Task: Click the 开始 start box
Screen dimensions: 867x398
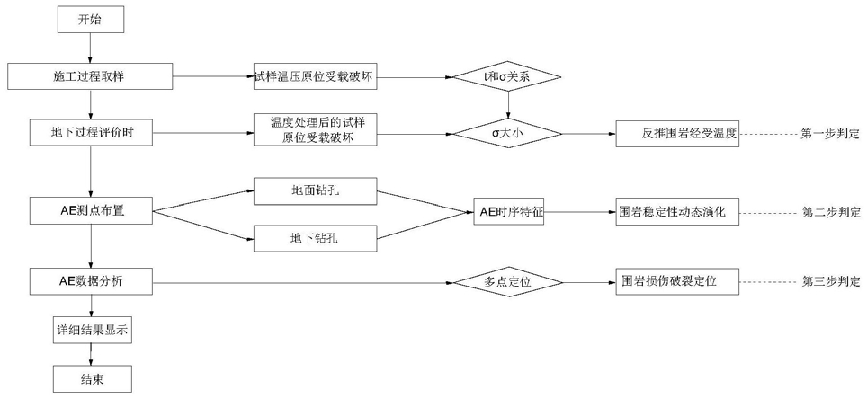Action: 90,20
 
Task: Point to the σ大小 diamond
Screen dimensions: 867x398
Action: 507,134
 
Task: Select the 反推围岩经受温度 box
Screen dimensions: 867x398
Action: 677,134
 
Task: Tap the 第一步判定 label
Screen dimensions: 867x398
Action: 830,134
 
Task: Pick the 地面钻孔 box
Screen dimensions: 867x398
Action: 314,190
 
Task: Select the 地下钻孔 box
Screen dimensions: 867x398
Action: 314,239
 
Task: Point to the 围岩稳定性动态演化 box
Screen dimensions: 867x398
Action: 677,212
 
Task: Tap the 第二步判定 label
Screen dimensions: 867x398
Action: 830,212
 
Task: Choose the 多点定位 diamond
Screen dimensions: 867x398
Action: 507,282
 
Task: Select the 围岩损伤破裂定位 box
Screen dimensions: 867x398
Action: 677,281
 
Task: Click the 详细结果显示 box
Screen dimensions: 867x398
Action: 90,330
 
